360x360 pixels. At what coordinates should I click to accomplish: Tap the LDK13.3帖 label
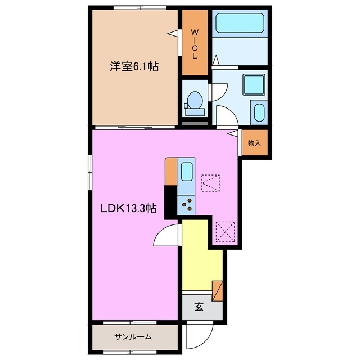click(128, 209)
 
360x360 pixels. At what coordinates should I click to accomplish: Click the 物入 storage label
click(255, 143)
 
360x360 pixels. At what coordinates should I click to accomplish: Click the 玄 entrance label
click(199, 307)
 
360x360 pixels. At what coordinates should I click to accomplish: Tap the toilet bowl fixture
click(195, 101)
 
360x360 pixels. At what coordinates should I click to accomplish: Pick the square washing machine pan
click(253, 85)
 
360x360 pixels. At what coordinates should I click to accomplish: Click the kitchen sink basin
click(186, 171)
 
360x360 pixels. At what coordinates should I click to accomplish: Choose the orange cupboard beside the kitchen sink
click(171, 172)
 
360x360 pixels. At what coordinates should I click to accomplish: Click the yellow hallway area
click(201, 253)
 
